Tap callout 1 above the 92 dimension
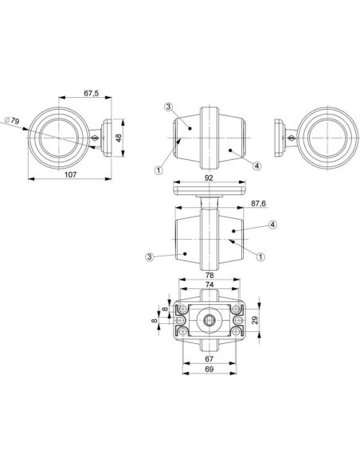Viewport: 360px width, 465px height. (158, 170)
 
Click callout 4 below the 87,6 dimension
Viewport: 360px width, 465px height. (272, 226)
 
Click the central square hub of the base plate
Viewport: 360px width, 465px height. (209, 320)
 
